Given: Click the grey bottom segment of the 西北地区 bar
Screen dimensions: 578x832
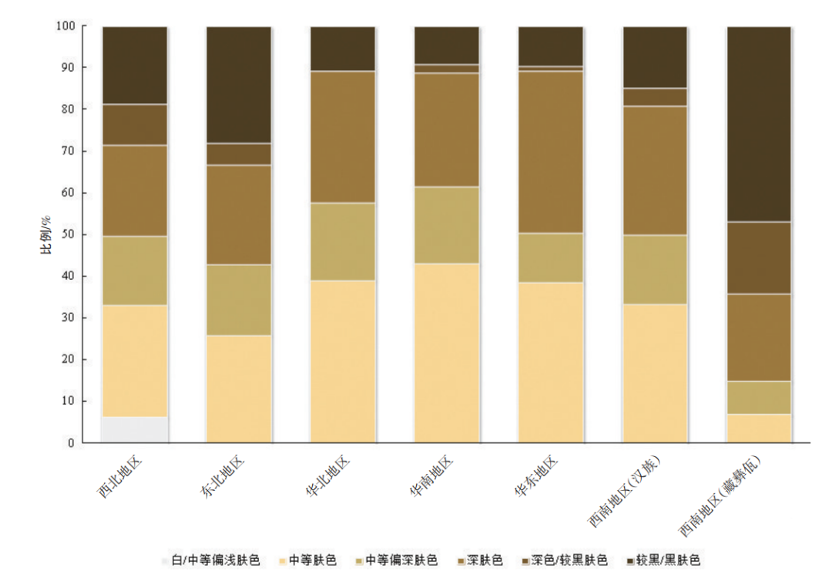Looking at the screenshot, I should pos(135,429).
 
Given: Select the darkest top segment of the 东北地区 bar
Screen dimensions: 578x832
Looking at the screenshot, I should pos(239,85).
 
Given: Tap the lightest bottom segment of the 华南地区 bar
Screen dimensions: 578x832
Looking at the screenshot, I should pos(447,353).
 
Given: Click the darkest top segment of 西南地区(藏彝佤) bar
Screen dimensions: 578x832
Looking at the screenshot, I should pos(760,124).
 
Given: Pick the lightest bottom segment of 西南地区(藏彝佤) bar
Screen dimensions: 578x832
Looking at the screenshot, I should pos(760,428).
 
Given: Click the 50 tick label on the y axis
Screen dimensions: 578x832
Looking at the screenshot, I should pos(68,235).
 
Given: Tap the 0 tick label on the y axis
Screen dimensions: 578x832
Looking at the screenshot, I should pos(71,443).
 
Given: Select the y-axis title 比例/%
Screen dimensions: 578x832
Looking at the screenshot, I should pos(47,234).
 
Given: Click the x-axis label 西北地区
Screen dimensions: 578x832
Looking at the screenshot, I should pos(118,477).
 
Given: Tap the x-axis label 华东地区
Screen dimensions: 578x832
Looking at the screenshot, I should pos(535,477).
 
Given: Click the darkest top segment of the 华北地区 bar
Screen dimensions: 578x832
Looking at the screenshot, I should pos(343,49).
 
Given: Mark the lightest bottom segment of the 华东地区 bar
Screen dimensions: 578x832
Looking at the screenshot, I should pos(551,362).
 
